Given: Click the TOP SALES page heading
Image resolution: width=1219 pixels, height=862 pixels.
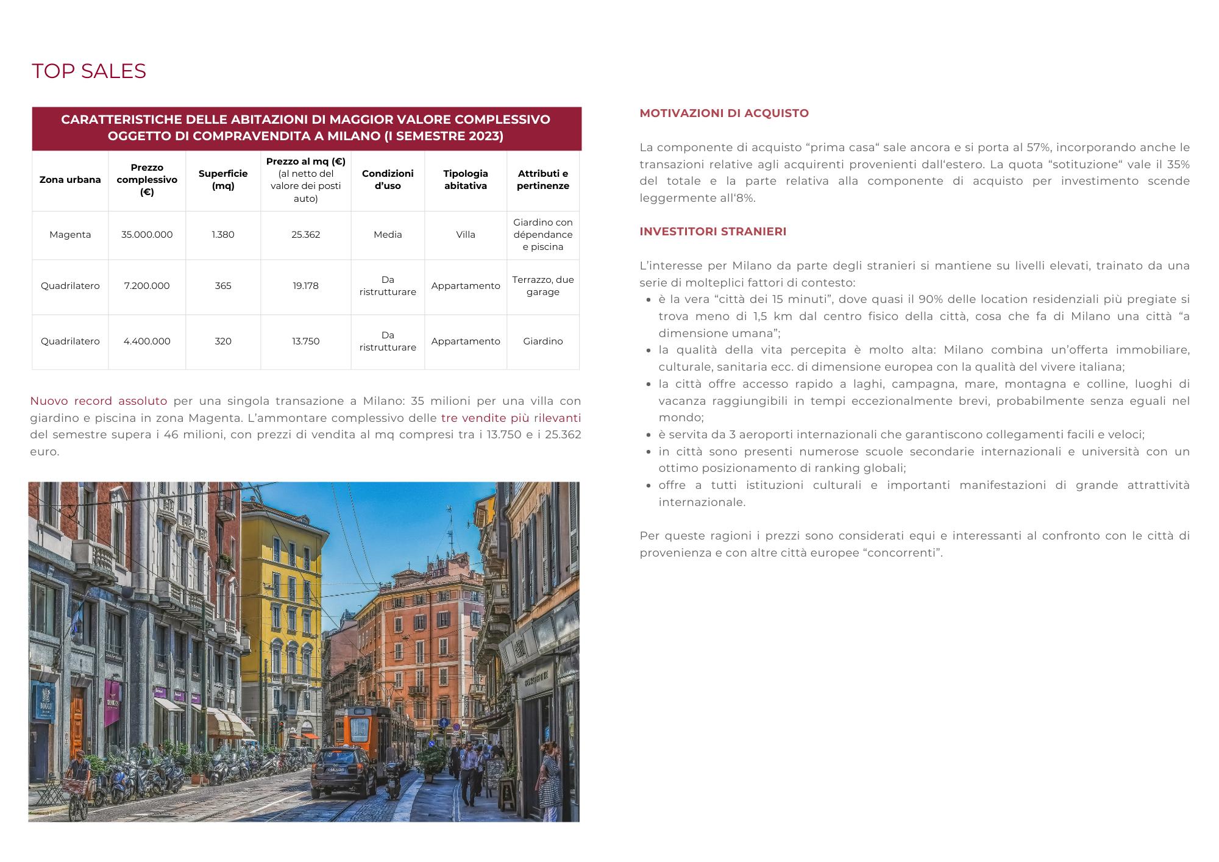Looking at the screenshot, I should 88,71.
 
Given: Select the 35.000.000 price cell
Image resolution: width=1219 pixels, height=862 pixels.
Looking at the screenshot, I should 147,235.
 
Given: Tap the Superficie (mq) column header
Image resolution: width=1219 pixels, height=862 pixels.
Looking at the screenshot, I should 223,180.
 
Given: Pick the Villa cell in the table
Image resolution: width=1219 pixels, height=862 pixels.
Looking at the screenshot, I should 466,235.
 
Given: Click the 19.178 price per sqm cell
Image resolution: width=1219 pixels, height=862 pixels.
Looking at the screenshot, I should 305,286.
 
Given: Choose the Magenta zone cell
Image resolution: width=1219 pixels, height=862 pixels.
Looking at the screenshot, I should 70,235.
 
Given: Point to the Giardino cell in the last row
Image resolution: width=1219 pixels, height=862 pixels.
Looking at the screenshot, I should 542,341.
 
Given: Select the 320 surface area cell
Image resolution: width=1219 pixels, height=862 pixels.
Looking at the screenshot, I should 223,341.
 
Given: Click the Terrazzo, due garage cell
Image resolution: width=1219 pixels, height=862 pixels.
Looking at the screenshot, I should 542,286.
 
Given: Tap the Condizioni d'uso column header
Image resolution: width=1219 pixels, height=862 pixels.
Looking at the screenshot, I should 388,180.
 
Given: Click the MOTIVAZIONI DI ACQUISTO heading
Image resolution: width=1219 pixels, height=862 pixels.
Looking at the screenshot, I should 724,113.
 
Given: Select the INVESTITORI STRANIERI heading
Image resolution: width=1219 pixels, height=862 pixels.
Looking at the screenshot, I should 713,232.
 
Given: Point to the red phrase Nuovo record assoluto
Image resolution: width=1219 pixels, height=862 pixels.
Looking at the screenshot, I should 99,401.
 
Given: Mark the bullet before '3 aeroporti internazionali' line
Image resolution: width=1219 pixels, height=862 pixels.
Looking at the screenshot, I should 649,435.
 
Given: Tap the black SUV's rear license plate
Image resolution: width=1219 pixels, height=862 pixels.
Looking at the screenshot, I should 336,770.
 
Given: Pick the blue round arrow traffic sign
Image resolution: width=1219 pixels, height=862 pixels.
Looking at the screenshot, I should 444,723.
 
